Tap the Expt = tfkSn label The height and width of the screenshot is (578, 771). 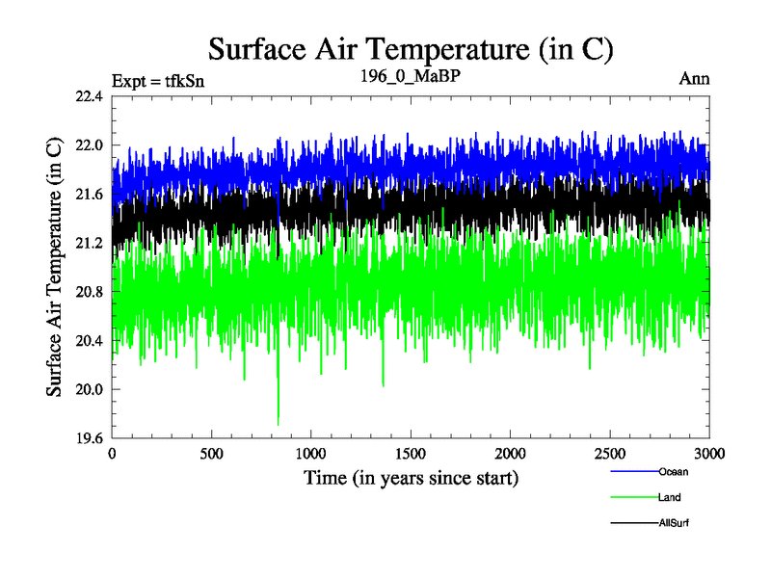[158, 80]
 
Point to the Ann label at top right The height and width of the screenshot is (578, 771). [694, 79]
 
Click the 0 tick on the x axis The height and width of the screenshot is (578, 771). [113, 454]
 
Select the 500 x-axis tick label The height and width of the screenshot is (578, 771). [212, 454]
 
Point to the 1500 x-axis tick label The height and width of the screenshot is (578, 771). [412, 454]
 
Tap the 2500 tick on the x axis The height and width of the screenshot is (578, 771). [610, 454]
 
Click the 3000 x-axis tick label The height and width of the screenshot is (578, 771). [709, 454]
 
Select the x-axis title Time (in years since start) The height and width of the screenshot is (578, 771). [412, 477]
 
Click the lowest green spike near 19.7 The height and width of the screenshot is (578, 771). [279, 423]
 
